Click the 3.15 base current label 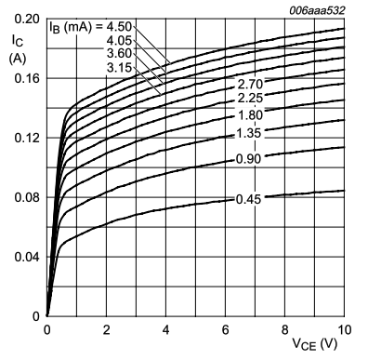(118, 66)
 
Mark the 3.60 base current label (118, 53)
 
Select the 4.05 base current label (118, 40)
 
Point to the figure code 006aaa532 (318, 7)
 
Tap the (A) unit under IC (16, 58)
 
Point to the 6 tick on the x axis (226, 329)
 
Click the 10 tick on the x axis (344, 329)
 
